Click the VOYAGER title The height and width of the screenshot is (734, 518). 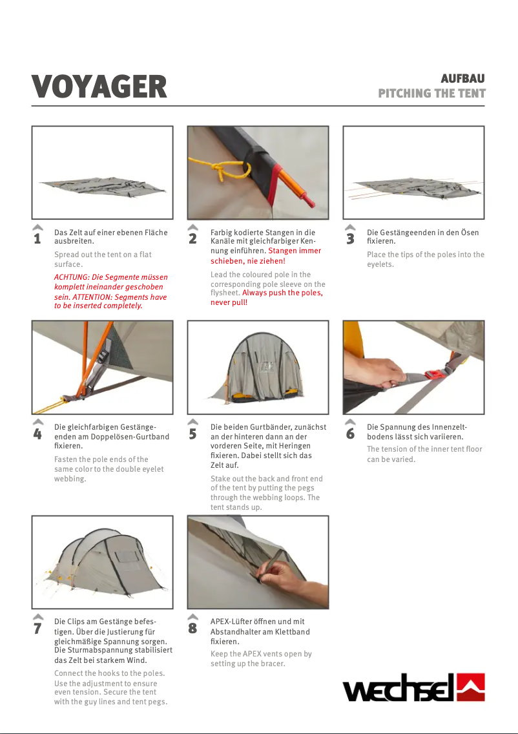99,87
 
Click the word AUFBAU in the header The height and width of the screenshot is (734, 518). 462,78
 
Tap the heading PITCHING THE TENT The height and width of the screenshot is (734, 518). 431,93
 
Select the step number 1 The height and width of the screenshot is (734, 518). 37,238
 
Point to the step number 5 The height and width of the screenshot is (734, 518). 192,434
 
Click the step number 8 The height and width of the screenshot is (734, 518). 192,628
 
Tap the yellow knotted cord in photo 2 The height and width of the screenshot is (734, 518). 220,169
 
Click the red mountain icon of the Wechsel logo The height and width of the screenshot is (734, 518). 471,687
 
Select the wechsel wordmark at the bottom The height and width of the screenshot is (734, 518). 399,688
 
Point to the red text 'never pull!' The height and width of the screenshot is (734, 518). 229,302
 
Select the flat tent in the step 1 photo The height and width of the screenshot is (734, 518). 103,187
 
